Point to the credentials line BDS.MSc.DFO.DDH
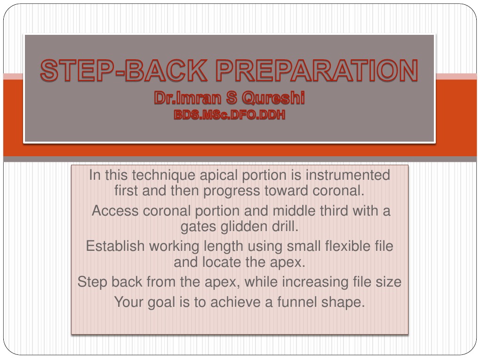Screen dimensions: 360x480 pos(230,114)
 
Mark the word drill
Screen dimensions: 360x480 pos(285,226)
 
